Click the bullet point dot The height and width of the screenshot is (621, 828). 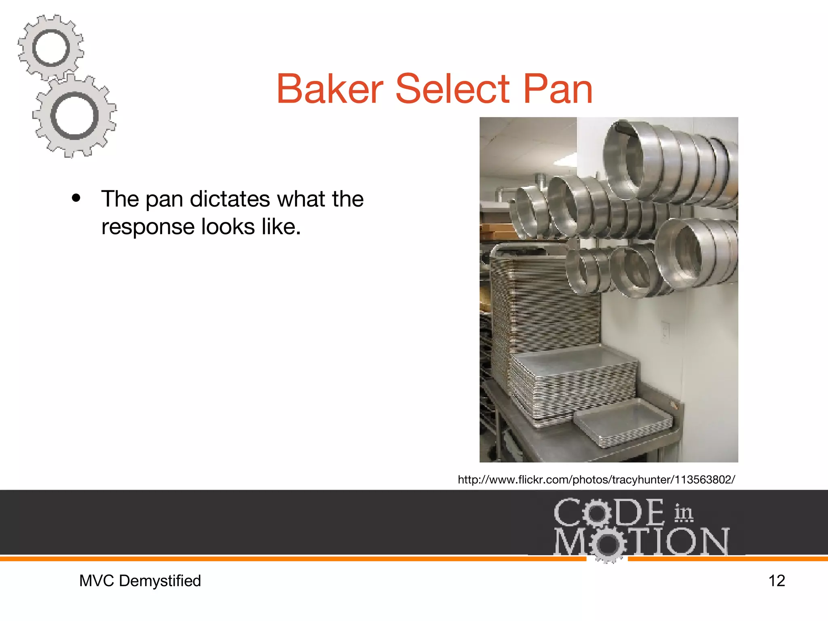[x=76, y=199]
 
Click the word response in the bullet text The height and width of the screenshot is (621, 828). [x=148, y=227]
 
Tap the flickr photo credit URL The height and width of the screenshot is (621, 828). [x=596, y=480]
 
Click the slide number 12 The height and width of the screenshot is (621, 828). [x=776, y=581]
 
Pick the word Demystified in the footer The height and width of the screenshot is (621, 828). [x=160, y=581]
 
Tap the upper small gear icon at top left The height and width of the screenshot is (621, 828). [x=51, y=48]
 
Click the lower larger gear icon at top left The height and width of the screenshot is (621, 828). [x=74, y=116]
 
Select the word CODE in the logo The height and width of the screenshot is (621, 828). [x=608, y=513]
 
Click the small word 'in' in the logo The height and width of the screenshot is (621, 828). [x=683, y=513]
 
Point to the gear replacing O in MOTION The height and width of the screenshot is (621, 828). [x=606, y=544]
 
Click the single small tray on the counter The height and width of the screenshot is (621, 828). [x=623, y=422]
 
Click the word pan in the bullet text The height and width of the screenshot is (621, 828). [x=164, y=200]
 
